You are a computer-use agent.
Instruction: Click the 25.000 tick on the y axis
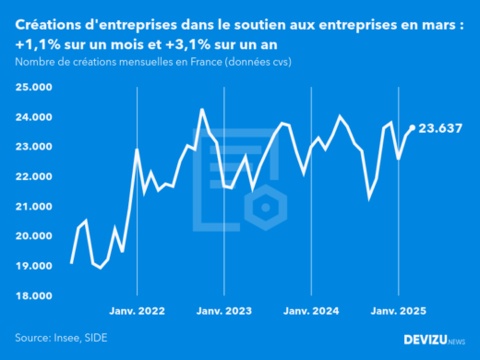pyautogui.click(x=33, y=88)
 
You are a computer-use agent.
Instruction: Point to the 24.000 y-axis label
pyautogui.click(x=33, y=117)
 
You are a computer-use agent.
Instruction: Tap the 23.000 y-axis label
pyautogui.click(x=33, y=147)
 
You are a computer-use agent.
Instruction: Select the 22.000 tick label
pyautogui.click(x=33, y=176)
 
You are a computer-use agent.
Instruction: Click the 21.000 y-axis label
pyautogui.click(x=33, y=206)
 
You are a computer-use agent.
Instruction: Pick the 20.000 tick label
pyautogui.click(x=33, y=235)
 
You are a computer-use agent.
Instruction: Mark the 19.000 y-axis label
pyautogui.click(x=33, y=266)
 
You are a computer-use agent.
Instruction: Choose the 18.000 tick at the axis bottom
pyautogui.click(x=33, y=295)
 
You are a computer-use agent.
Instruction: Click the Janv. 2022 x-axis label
pyautogui.click(x=137, y=311)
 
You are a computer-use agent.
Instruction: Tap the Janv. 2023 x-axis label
pyautogui.click(x=223, y=311)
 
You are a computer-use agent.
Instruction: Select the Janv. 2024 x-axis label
pyautogui.click(x=310, y=311)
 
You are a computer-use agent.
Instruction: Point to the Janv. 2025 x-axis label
pyautogui.click(x=397, y=311)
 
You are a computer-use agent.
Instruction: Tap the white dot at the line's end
pyautogui.click(x=412, y=128)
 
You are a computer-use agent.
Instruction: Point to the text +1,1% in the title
pyautogui.click(x=37, y=44)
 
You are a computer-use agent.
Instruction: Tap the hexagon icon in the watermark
pyautogui.click(x=267, y=205)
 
